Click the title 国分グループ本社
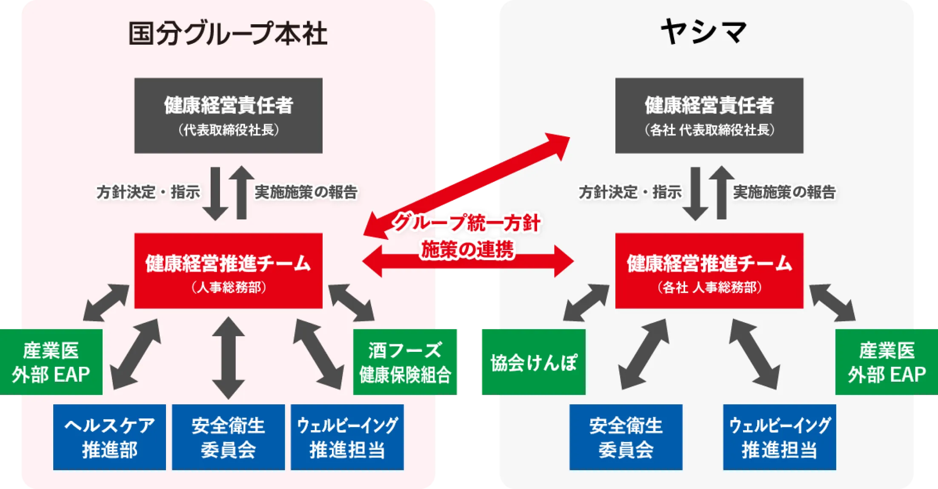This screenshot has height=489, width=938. [228, 35]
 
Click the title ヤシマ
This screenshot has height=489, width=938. [704, 33]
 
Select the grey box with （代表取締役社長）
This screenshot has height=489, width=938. [228, 115]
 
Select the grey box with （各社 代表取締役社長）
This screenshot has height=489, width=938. [709, 115]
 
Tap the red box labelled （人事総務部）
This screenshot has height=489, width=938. [228, 270]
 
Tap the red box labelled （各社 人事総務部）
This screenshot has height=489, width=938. [709, 270]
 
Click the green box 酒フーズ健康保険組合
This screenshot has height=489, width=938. [406, 362]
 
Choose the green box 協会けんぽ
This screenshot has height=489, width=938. [533, 362]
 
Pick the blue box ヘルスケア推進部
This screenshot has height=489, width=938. [109, 437]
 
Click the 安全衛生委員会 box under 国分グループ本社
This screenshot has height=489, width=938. [228, 437]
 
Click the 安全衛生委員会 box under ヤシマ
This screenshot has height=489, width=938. [626, 437]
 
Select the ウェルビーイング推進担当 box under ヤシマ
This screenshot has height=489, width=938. [779, 437]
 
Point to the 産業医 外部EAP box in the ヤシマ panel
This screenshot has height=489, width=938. [887, 362]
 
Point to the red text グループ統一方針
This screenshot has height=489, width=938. [466, 223]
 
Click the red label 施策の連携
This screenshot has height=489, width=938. [467, 249]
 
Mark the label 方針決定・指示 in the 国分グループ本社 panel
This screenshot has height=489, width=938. [148, 192]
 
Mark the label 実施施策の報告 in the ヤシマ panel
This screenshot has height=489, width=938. [784, 192]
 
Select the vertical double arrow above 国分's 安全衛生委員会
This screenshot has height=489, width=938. [228, 358]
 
